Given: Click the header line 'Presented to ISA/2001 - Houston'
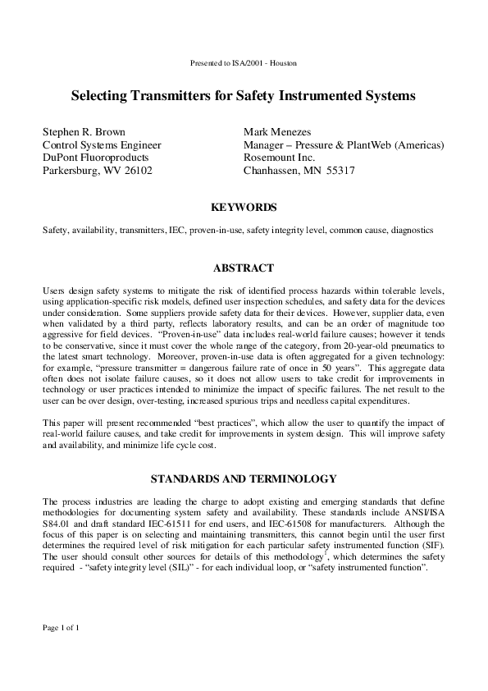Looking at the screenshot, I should point(243,63).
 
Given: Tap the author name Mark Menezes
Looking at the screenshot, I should point(281,131).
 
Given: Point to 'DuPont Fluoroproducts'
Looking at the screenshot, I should point(95,158).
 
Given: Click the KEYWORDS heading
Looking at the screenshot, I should point(244,208).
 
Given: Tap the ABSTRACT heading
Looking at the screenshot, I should point(244,268).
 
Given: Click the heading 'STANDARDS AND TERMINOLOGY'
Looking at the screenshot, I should point(244,478).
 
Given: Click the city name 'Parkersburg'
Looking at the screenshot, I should point(76,171).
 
